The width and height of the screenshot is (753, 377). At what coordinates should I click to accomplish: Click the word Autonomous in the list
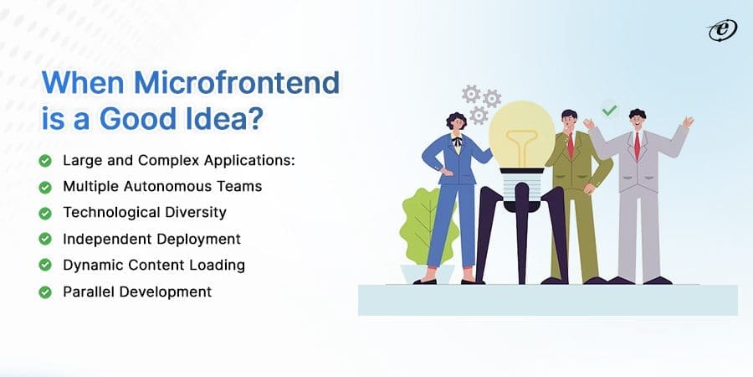159,186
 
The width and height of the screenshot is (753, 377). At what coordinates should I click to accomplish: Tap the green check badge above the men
610,110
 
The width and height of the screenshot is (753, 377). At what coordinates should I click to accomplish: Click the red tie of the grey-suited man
637,145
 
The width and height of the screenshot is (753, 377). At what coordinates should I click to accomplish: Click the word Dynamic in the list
91,266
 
